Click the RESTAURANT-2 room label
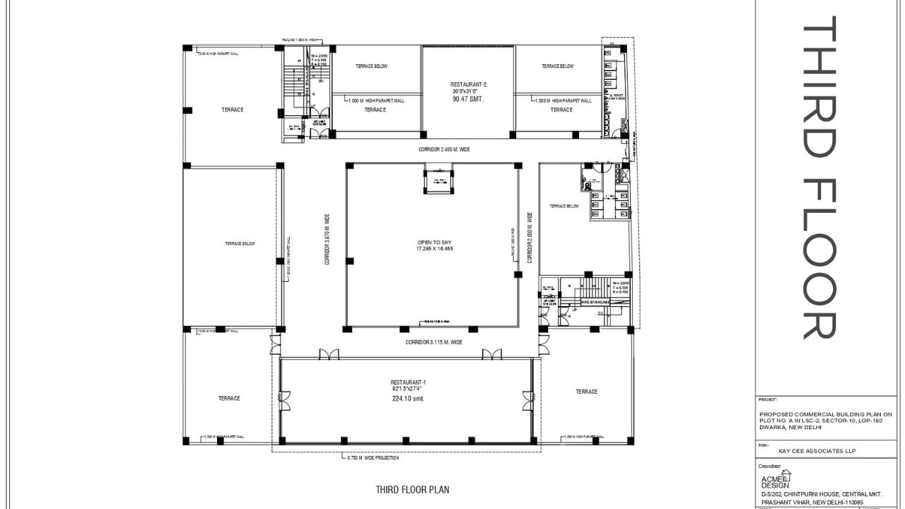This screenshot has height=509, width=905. tap(469, 84)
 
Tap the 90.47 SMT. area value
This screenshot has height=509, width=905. tap(467, 100)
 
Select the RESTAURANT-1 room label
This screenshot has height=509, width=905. tap(408, 382)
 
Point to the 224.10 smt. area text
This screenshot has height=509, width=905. tap(408, 398)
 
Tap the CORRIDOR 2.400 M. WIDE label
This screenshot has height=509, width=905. tap(443, 150)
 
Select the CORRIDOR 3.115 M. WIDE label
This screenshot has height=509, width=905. tap(433, 342)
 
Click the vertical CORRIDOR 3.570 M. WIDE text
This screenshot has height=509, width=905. tap(327, 239)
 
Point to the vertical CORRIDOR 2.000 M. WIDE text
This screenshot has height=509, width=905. tap(529, 238)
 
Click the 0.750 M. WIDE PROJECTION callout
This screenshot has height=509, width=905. tap(373, 458)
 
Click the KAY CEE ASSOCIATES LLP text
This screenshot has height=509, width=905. tap(808, 450)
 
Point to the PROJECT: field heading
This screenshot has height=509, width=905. tap(767, 399)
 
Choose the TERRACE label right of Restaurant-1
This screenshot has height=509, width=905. tap(586, 392)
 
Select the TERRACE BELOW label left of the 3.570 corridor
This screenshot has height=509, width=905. tap(240, 244)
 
